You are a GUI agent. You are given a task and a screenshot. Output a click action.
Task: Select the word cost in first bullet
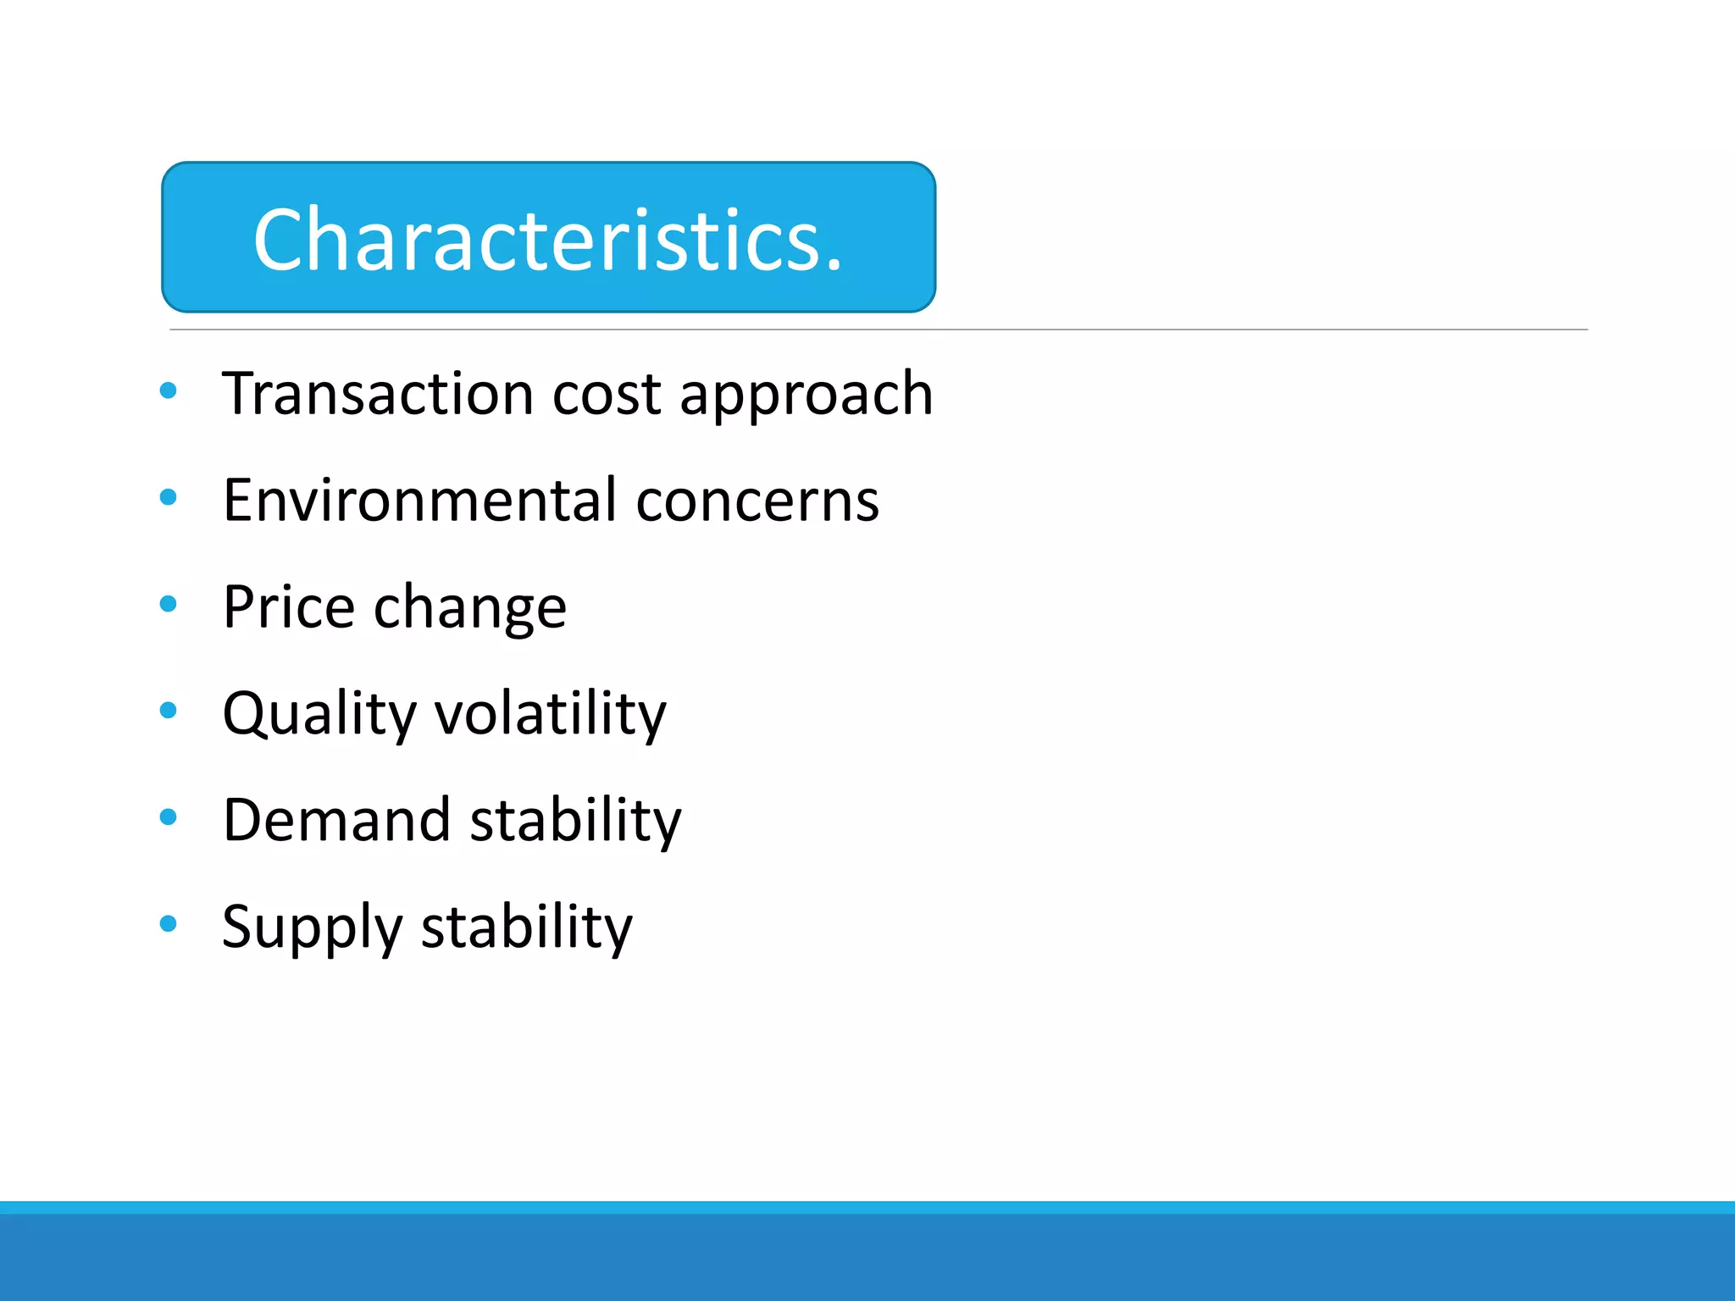[606, 396]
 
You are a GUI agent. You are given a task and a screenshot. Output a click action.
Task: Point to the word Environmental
[419, 501]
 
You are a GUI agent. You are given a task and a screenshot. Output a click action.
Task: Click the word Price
[289, 607]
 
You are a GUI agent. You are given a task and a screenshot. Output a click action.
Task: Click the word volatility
[551, 714]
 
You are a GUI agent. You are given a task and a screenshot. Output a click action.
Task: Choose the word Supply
[312, 928]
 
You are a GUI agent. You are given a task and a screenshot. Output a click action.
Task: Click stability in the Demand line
[575, 821]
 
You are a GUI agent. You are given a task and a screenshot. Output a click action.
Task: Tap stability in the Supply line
[526, 927]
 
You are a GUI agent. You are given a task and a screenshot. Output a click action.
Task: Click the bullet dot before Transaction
[169, 390]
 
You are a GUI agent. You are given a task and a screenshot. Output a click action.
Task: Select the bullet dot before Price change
[169, 604]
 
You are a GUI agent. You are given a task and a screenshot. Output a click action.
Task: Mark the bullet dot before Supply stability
[169, 924]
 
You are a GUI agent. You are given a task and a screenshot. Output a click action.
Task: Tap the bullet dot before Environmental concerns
[169, 497]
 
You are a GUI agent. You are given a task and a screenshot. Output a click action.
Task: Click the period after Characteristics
[834, 266]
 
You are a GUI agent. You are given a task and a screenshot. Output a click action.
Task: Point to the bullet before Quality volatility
[169, 711]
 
